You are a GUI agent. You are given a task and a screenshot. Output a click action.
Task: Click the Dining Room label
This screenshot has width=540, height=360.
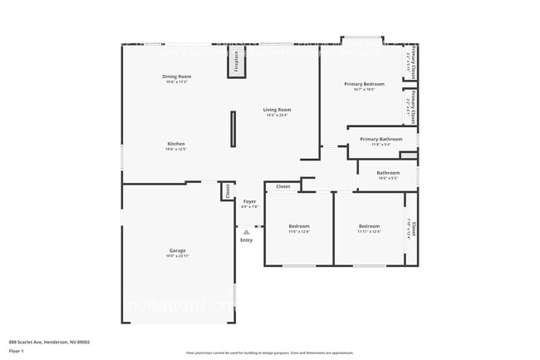click(x=177, y=76)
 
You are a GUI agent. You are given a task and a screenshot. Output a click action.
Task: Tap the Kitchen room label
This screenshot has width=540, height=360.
click(x=175, y=143)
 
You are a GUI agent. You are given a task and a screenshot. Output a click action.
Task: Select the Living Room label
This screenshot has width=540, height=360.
click(x=277, y=109)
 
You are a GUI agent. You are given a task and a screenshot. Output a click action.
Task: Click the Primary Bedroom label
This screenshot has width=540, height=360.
click(x=364, y=83)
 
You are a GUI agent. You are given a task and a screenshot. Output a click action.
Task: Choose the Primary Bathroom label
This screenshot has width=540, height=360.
click(x=380, y=139)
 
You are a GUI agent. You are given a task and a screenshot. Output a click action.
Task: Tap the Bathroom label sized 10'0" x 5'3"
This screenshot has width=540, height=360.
click(x=388, y=172)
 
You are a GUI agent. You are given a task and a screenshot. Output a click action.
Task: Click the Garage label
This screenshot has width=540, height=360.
click(x=177, y=250)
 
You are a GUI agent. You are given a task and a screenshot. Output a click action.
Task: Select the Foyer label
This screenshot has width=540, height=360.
click(x=249, y=201)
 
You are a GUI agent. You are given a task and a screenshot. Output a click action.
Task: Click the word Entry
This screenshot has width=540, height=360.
click(x=246, y=240)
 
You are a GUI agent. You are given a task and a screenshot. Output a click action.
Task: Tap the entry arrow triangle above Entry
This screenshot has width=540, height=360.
click(x=246, y=231)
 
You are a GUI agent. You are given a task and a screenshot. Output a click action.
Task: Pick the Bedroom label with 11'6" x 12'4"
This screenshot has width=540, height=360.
click(x=299, y=225)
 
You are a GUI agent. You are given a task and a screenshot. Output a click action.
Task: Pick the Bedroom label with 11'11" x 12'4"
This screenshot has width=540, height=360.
click(x=369, y=225)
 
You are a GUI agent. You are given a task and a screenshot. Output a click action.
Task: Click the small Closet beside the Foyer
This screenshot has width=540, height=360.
click(x=227, y=191)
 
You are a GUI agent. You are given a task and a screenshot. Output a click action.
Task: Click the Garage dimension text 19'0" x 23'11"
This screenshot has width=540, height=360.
click(x=177, y=256)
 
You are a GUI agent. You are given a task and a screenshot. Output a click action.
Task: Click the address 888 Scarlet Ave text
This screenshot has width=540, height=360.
click(x=50, y=341)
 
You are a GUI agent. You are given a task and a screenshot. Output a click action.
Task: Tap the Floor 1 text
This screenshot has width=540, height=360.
click(x=17, y=351)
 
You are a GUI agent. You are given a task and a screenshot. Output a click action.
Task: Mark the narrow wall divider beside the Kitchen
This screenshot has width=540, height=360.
click(x=233, y=129)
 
